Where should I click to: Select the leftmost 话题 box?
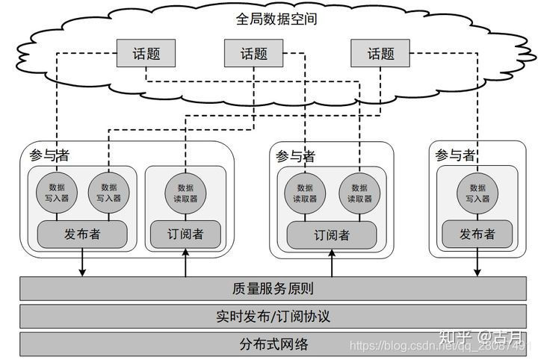tap(146, 54)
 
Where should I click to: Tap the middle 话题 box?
tap(254, 54)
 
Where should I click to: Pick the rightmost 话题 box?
tap(380, 54)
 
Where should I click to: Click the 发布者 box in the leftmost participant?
tap(82, 235)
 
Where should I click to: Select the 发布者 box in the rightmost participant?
tap(477, 235)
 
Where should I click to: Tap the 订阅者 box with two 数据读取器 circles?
tap(332, 235)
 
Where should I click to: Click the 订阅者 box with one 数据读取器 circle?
tap(185, 235)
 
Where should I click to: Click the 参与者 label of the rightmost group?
tap(455, 155)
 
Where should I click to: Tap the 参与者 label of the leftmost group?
tap(49, 155)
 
